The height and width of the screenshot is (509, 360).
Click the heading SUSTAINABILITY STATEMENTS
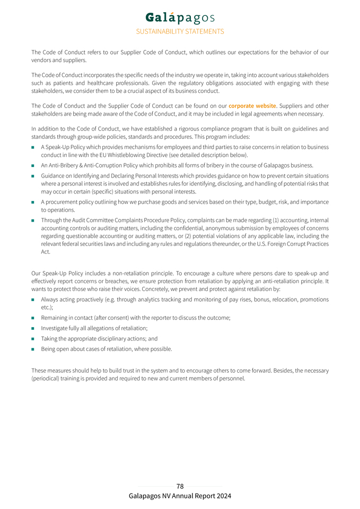tap(180, 31)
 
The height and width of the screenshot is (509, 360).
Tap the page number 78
tap(180, 486)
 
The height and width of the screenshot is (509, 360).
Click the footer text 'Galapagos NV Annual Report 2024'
tap(180, 496)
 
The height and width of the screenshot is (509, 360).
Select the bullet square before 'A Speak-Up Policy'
tap(33, 147)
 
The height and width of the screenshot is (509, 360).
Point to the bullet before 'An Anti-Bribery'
tap(33, 165)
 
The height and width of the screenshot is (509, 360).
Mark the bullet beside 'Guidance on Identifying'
tap(33, 175)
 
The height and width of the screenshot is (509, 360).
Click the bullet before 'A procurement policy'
tap(33, 202)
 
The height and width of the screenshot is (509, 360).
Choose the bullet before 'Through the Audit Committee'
tap(33, 220)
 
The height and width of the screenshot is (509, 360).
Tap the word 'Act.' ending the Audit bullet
tap(46, 252)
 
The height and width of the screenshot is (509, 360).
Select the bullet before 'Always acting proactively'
tap(33, 300)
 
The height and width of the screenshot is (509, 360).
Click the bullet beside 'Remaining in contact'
tap(33, 318)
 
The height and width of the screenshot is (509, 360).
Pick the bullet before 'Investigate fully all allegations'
tap(33, 328)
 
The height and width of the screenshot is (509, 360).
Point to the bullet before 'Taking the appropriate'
tap(33, 339)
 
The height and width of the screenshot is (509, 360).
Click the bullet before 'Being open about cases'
tap(33, 349)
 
